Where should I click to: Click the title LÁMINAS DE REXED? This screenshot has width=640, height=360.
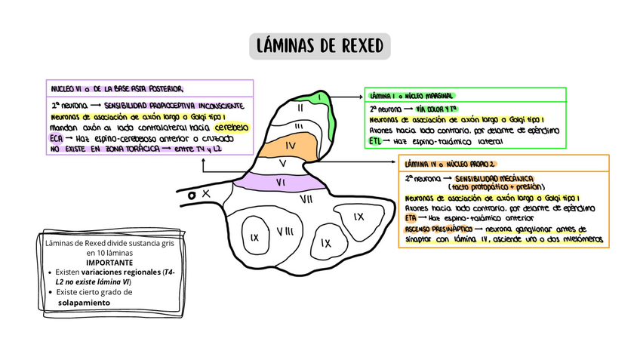click(320, 47)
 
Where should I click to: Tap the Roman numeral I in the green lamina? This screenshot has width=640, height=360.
click(321, 97)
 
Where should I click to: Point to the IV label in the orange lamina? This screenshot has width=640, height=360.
click(290, 145)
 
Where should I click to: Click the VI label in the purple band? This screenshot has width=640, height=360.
click(279, 182)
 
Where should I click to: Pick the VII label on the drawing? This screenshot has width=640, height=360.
click(306, 198)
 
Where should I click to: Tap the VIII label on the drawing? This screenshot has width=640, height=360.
click(285, 231)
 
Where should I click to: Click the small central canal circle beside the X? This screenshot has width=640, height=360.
click(192, 195)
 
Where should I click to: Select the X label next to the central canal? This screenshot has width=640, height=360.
click(205, 194)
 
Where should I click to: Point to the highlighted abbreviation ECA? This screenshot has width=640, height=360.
click(57, 139)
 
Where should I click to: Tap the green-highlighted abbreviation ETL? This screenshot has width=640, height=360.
click(376, 141)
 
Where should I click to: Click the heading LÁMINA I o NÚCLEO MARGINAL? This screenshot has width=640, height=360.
click(411, 97)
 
